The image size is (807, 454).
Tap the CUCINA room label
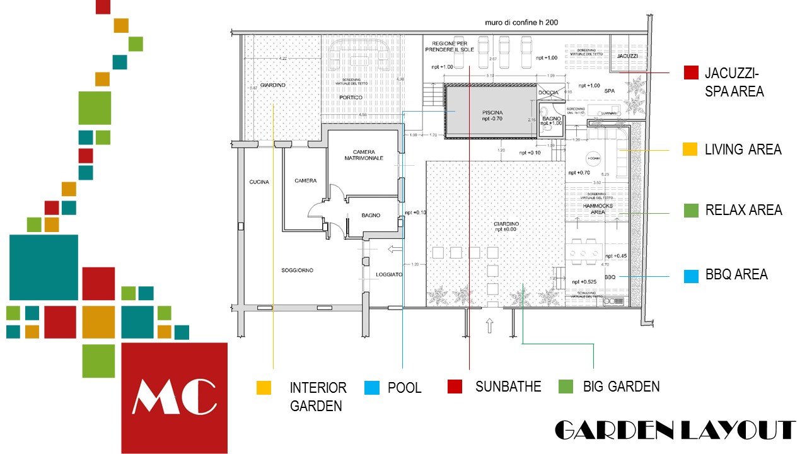pyautogui.click(x=258, y=182)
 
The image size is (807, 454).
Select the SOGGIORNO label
pyautogui.click(x=297, y=271)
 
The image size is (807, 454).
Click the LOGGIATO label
pyautogui.click(x=389, y=274)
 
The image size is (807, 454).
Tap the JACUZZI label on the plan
pyautogui.click(x=627, y=57)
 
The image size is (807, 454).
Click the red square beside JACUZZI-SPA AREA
pyautogui.click(x=692, y=73)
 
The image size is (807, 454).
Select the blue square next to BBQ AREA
pyautogui.click(x=692, y=276)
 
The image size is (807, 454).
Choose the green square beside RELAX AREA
pyautogui.click(x=692, y=211)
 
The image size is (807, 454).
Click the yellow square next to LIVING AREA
pyautogui.click(x=690, y=149)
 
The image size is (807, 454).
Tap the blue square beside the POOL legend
pyautogui.click(x=372, y=387)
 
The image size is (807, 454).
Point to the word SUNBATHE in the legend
pyautogui.click(x=508, y=387)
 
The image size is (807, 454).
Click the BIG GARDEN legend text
pyautogui.click(x=621, y=387)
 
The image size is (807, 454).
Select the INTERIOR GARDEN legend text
pyautogui.click(x=318, y=397)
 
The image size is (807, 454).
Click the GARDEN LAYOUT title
pyautogui.click(x=674, y=430)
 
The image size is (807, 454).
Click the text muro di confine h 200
pyautogui.click(x=521, y=23)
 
